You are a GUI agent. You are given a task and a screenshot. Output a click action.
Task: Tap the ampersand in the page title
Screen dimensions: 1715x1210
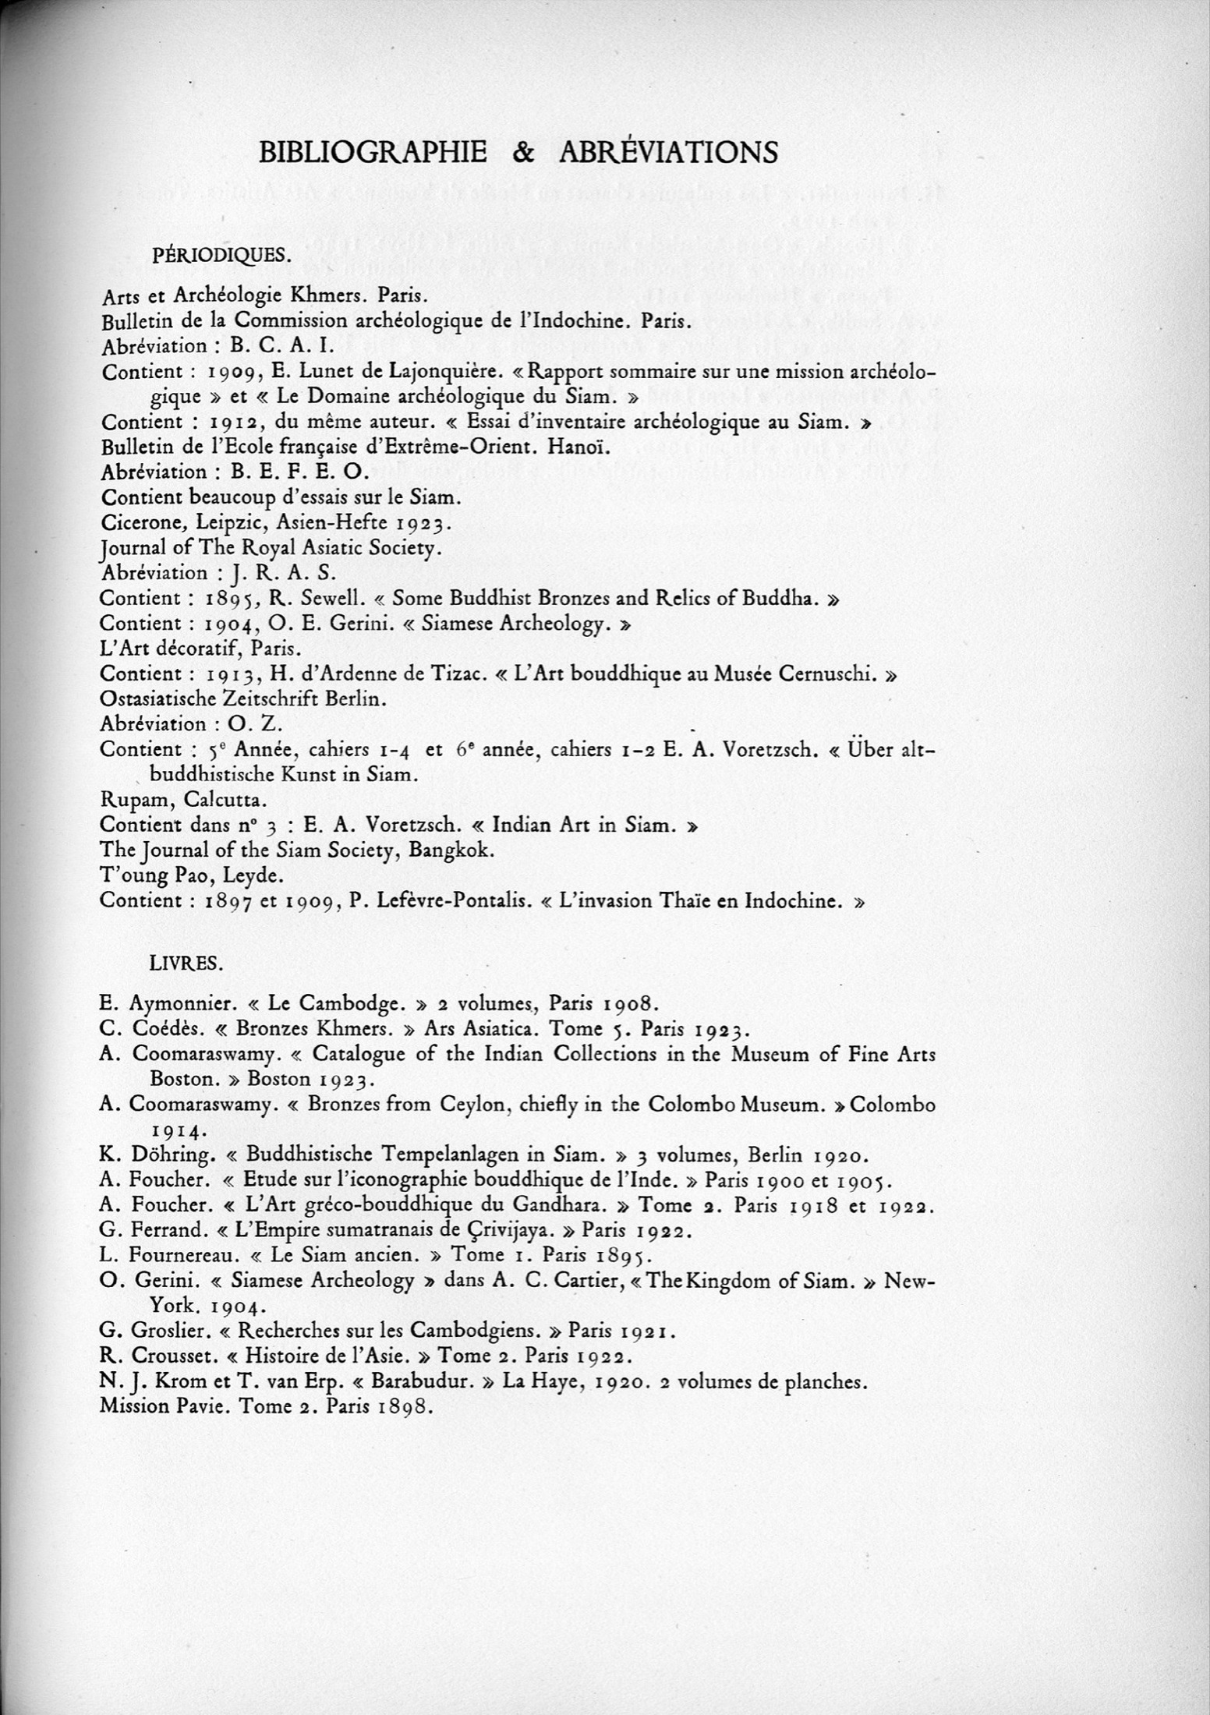[x=523, y=152]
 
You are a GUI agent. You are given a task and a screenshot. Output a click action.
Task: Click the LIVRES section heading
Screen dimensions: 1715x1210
[x=186, y=964]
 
